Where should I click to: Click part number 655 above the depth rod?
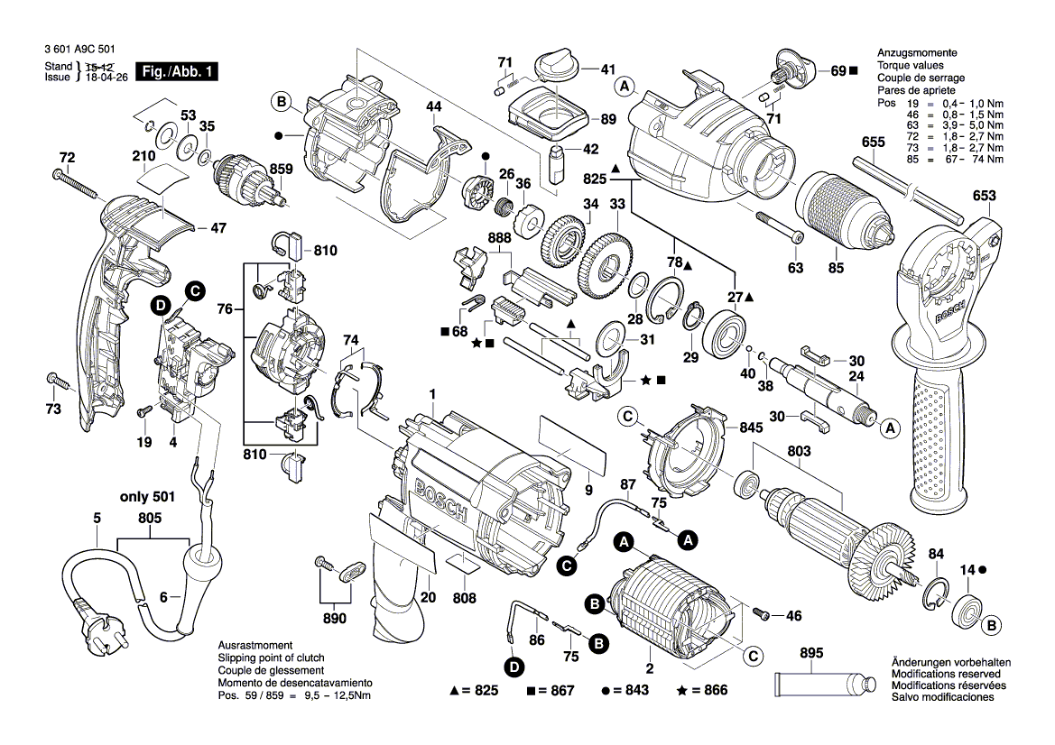(x=873, y=142)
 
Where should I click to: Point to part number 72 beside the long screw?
(x=65, y=158)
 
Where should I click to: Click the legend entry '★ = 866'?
(x=701, y=691)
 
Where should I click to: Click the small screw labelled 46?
(x=762, y=614)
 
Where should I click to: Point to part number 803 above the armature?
(x=799, y=449)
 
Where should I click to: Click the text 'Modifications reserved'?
(x=945, y=674)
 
